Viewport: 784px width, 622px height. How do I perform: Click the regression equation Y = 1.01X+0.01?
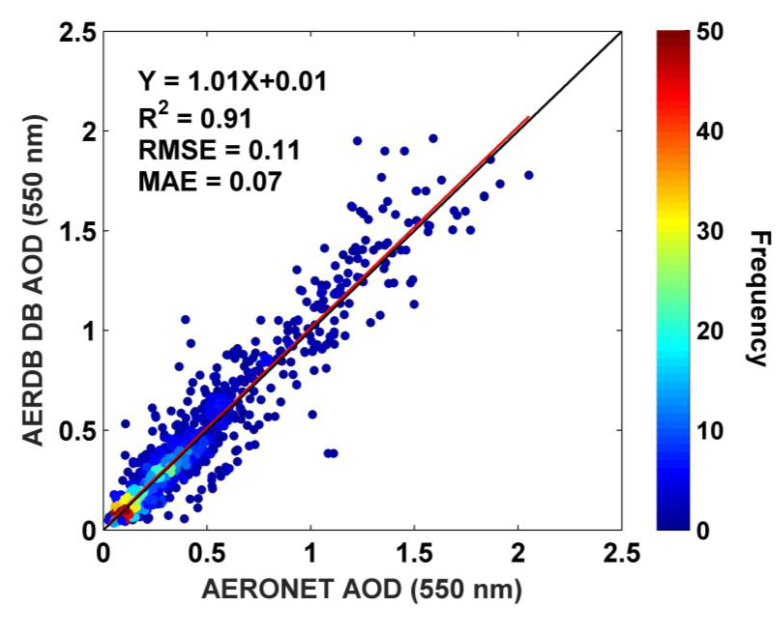click(232, 81)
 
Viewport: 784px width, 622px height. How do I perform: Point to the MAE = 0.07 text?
click(210, 181)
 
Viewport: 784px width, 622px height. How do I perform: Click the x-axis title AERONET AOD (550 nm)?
click(362, 589)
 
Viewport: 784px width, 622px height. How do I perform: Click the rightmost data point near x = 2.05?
click(529, 175)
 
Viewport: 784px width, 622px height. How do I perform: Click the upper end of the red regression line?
click(528, 117)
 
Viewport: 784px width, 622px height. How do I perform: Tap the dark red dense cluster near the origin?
click(125, 513)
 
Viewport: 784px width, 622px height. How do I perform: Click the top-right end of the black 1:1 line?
click(620, 33)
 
